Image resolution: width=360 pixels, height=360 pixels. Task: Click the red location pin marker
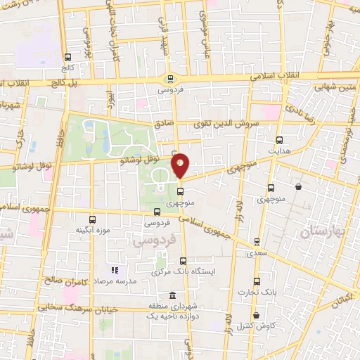pos(180,165)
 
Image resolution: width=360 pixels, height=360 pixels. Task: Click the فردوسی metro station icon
pos(169,78)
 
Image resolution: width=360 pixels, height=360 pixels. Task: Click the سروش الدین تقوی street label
pos(231,122)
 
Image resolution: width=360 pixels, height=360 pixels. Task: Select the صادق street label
pos(163,122)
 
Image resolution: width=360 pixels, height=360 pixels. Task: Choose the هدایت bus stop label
pos(279,150)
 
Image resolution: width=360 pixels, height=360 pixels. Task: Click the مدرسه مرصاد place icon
pos(114,270)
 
